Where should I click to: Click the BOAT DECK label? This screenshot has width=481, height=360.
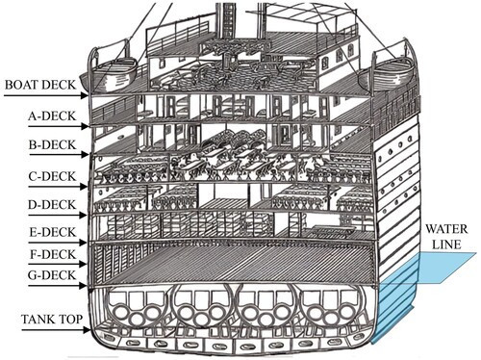40,85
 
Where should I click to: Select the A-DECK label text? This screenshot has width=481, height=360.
52,116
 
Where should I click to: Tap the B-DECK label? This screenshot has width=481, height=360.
53,144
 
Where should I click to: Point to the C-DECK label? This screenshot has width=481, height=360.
52,176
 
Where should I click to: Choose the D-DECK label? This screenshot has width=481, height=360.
52,204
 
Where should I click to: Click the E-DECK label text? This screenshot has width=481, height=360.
53,232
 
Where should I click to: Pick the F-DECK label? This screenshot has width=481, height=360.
53,254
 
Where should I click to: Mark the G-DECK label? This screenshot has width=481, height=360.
52,275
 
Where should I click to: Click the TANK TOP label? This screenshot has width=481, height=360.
52,320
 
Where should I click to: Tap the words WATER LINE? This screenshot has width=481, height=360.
446,237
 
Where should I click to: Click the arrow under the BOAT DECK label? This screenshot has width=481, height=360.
46,95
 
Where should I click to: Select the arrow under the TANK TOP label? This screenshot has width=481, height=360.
56,329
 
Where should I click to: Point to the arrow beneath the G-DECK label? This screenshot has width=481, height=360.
58,286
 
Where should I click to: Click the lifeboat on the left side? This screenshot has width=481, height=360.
109,74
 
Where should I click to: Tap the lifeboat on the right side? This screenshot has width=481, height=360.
386,74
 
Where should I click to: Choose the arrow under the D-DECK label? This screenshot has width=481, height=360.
58,215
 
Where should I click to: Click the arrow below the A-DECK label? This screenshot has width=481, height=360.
58,126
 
